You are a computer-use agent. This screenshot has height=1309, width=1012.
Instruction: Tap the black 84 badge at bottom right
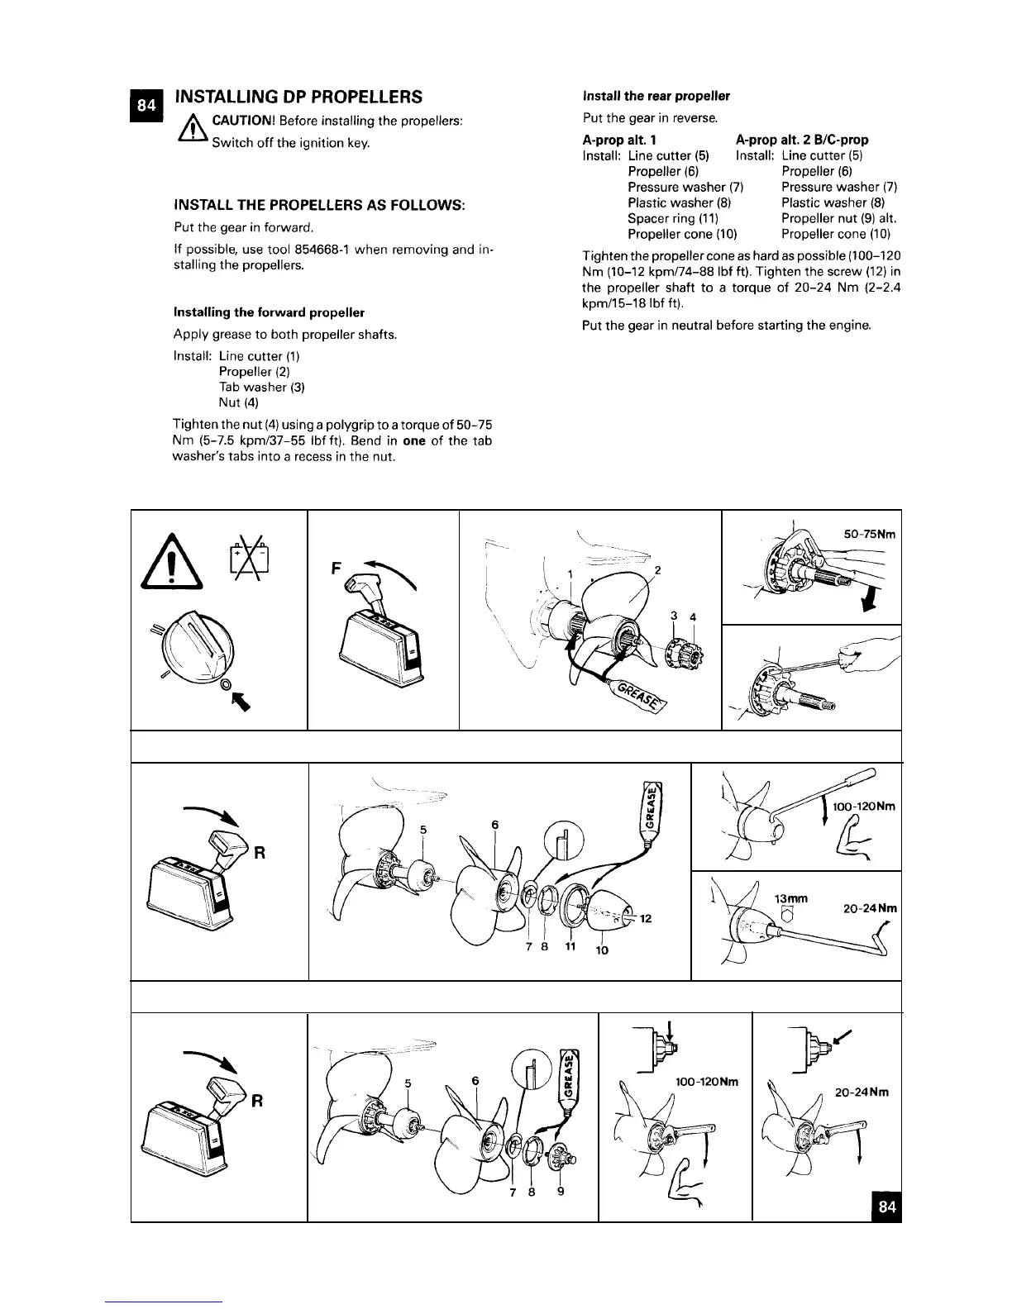click(x=886, y=1206)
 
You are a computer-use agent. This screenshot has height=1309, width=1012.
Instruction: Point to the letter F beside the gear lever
click(x=336, y=569)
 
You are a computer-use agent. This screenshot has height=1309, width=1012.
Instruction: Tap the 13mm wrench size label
click(x=790, y=898)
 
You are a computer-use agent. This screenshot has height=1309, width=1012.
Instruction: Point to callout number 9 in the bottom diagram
click(x=561, y=1192)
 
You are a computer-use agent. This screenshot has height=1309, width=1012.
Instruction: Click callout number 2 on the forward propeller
click(x=658, y=571)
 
